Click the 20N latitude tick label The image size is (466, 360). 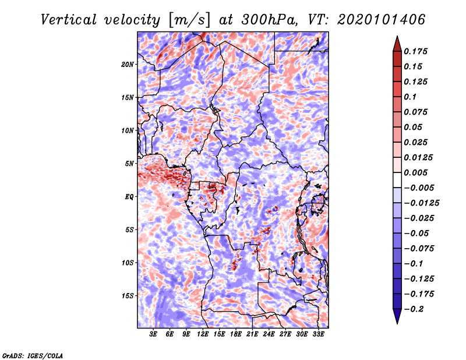(128, 64)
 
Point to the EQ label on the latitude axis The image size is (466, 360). (129, 197)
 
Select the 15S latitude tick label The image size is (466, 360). (128, 296)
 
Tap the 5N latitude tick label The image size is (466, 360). (129, 164)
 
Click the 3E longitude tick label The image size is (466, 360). (154, 334)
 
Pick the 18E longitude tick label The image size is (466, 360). (236, 334)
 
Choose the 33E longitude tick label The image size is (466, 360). (318, 334)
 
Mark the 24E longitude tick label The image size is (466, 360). (269, 334)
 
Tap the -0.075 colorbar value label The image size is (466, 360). (419, 248)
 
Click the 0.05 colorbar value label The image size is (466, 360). (414, 127)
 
